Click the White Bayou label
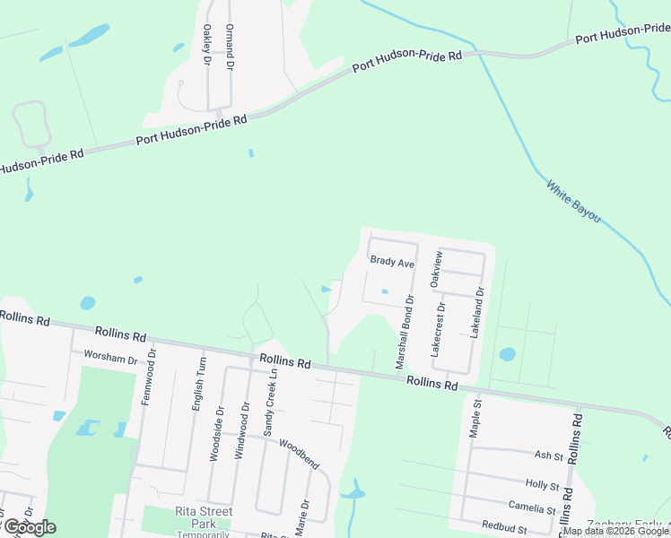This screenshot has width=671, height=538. click(573, 202)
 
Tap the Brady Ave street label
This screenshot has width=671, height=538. click(392, 264)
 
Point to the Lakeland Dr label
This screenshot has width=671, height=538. click(478, 312)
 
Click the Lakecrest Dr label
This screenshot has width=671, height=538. click(440, 330)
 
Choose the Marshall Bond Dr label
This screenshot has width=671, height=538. click(404, 334)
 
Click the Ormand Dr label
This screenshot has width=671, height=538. click(230, 48)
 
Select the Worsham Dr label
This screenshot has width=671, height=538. click(109, 358)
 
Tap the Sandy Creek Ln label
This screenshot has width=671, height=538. click(267, 403)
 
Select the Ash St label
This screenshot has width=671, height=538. click(547, 456)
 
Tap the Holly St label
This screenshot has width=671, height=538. click(542, 485)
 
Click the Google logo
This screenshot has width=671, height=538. click(30, 527)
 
